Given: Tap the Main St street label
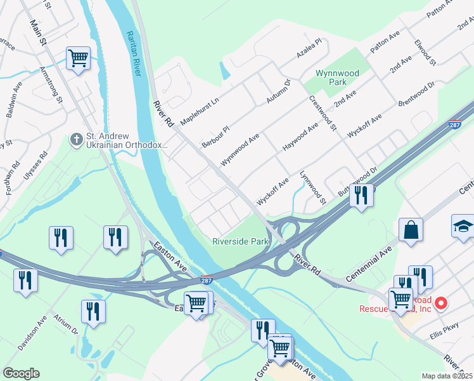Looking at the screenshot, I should coord(38,32).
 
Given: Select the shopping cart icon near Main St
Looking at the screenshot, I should coord(78,59).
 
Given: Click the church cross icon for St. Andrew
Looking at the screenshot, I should coord(76,138).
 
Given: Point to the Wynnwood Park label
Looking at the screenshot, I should coord(338,77).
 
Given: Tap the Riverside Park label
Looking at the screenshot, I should coord(241,241).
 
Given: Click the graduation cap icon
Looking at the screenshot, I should coord(463,225).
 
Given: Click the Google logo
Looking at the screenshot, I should coord(21,373).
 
